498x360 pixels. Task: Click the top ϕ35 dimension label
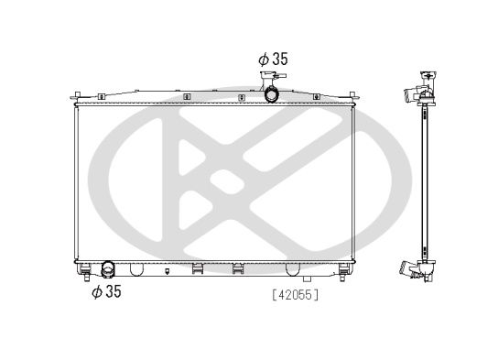[x=273, y=58]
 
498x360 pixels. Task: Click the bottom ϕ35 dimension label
[x=106, y=292]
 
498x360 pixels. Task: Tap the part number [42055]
[x=295, y=294]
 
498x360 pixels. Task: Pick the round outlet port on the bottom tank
[x=108, y=269]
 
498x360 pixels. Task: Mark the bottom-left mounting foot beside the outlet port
[x=84, y=269]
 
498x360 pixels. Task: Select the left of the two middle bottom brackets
[x=197, y=268]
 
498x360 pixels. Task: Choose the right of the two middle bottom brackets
[x=238, y=268]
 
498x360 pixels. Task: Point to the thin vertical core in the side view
[x=424, y=183]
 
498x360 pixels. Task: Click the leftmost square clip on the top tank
[x=186, y=95]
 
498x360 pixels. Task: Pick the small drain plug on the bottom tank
[x=168, y=271]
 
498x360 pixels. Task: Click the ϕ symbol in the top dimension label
[x=264, y=58]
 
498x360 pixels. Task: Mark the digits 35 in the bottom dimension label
[x=112, y=292]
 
